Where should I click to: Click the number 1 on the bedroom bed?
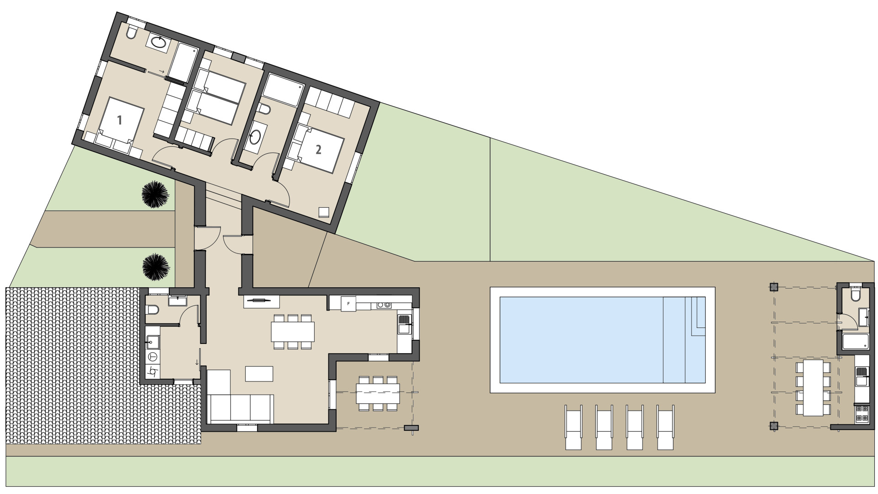point(119,120)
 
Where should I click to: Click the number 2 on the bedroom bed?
point(319,149)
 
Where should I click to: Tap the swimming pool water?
point(581,339)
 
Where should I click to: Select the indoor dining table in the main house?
point(293,332)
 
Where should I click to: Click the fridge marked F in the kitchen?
point(348,304)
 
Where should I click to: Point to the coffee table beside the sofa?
point(259,374)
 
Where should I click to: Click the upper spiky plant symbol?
point(155,194)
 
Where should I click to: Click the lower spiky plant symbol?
point(156,266)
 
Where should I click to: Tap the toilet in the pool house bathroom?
point(855,295)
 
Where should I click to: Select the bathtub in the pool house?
point(855,341)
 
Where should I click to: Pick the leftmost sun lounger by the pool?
point(573,427)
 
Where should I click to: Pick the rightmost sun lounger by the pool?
point(665,427)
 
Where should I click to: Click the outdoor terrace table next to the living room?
point(378,393)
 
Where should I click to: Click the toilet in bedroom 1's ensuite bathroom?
point(131,33)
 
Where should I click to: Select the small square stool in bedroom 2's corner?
point(324,212)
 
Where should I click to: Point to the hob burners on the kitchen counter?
point(383,305)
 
